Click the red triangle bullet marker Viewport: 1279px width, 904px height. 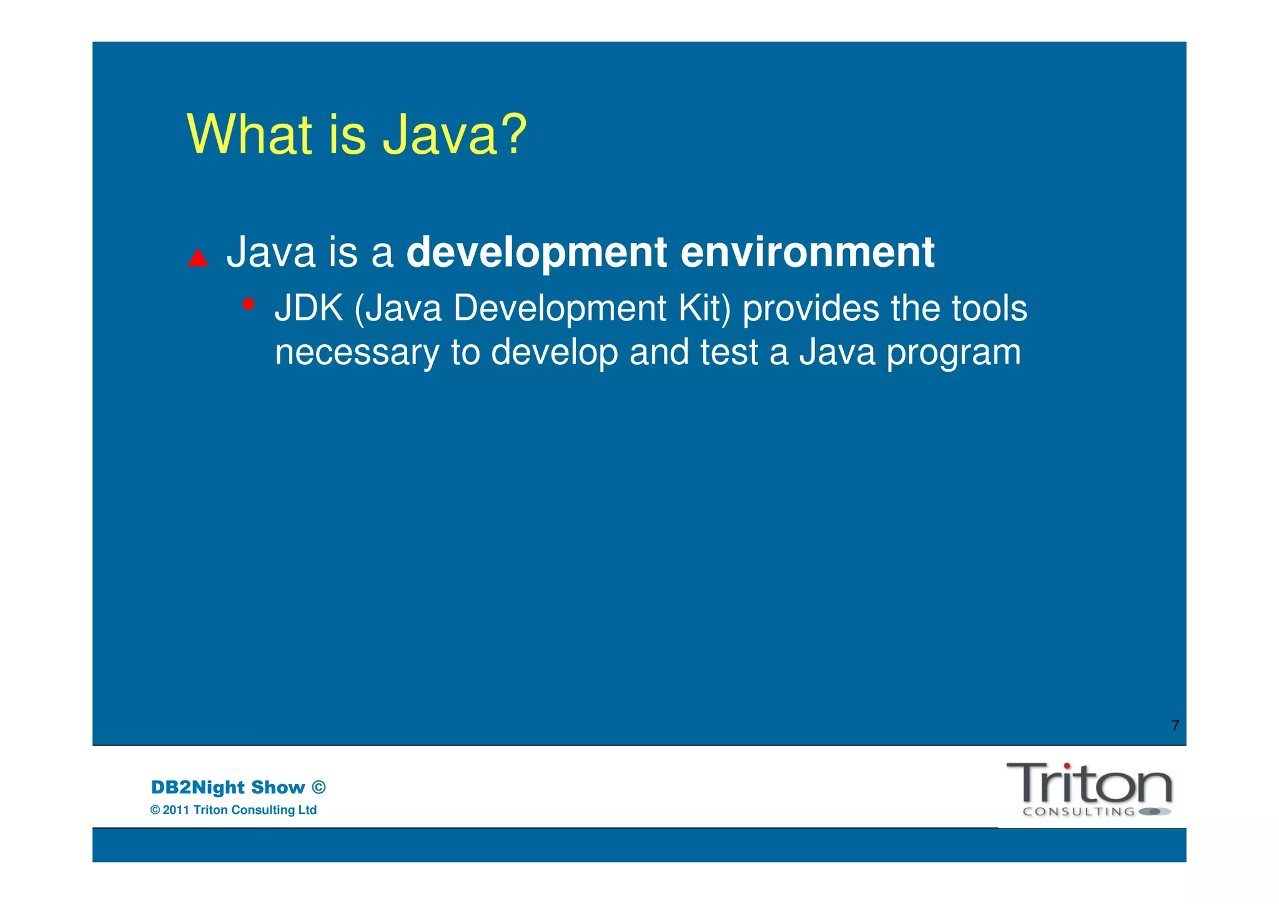[x=198, y=258]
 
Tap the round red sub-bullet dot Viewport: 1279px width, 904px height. [x=249, y=304]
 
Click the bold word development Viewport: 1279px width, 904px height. [x=536, y=253]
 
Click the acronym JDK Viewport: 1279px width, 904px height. [x=309, y=309]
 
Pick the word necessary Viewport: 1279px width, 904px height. [x=357, y=353]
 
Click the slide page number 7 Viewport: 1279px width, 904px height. [x=1175, y=726]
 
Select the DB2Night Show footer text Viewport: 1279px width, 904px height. [x=228, y=787]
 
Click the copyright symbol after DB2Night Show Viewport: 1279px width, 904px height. [x=319, y=787]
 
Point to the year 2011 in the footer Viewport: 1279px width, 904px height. [x=175, y=810]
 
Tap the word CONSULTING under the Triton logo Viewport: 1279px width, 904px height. [x=1079, y=812]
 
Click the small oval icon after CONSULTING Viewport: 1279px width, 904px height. [x=1154, y=812]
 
